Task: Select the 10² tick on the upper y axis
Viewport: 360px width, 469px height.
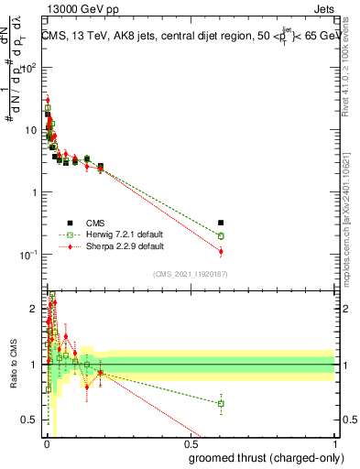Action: [29, 68]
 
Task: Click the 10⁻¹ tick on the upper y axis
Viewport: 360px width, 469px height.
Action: [29, 255]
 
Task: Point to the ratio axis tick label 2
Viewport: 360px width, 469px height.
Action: [35, 309]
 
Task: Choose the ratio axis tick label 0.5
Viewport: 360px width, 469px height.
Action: [31, 420]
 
